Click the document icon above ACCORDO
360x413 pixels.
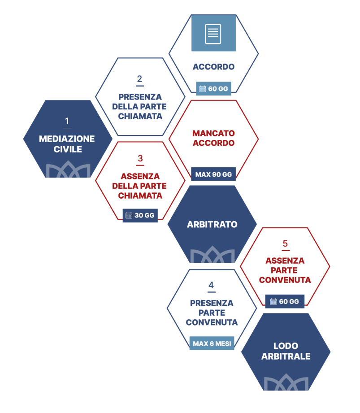coord(213,34)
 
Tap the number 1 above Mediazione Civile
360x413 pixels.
coord(67,122)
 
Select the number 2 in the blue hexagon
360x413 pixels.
coord(140,79)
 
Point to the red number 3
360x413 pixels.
coord(140,159)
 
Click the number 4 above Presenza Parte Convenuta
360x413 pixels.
coord(211,286)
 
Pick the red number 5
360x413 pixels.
coord(285,244)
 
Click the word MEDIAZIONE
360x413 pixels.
coord(67,139)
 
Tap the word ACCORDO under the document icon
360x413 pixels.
coord(213,67)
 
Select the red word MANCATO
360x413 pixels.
coord(213,134)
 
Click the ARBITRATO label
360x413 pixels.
coord(212,225)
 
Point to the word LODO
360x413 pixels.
coord(286,346)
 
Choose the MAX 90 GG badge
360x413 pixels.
coord(213,174)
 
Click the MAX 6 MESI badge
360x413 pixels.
coord(212,344)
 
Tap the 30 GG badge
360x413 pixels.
coord(140,215)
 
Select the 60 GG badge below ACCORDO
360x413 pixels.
coord(213,89)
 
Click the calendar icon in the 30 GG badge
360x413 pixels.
coord(129,215)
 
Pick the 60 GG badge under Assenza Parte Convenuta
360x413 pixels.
coord(285,301)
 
